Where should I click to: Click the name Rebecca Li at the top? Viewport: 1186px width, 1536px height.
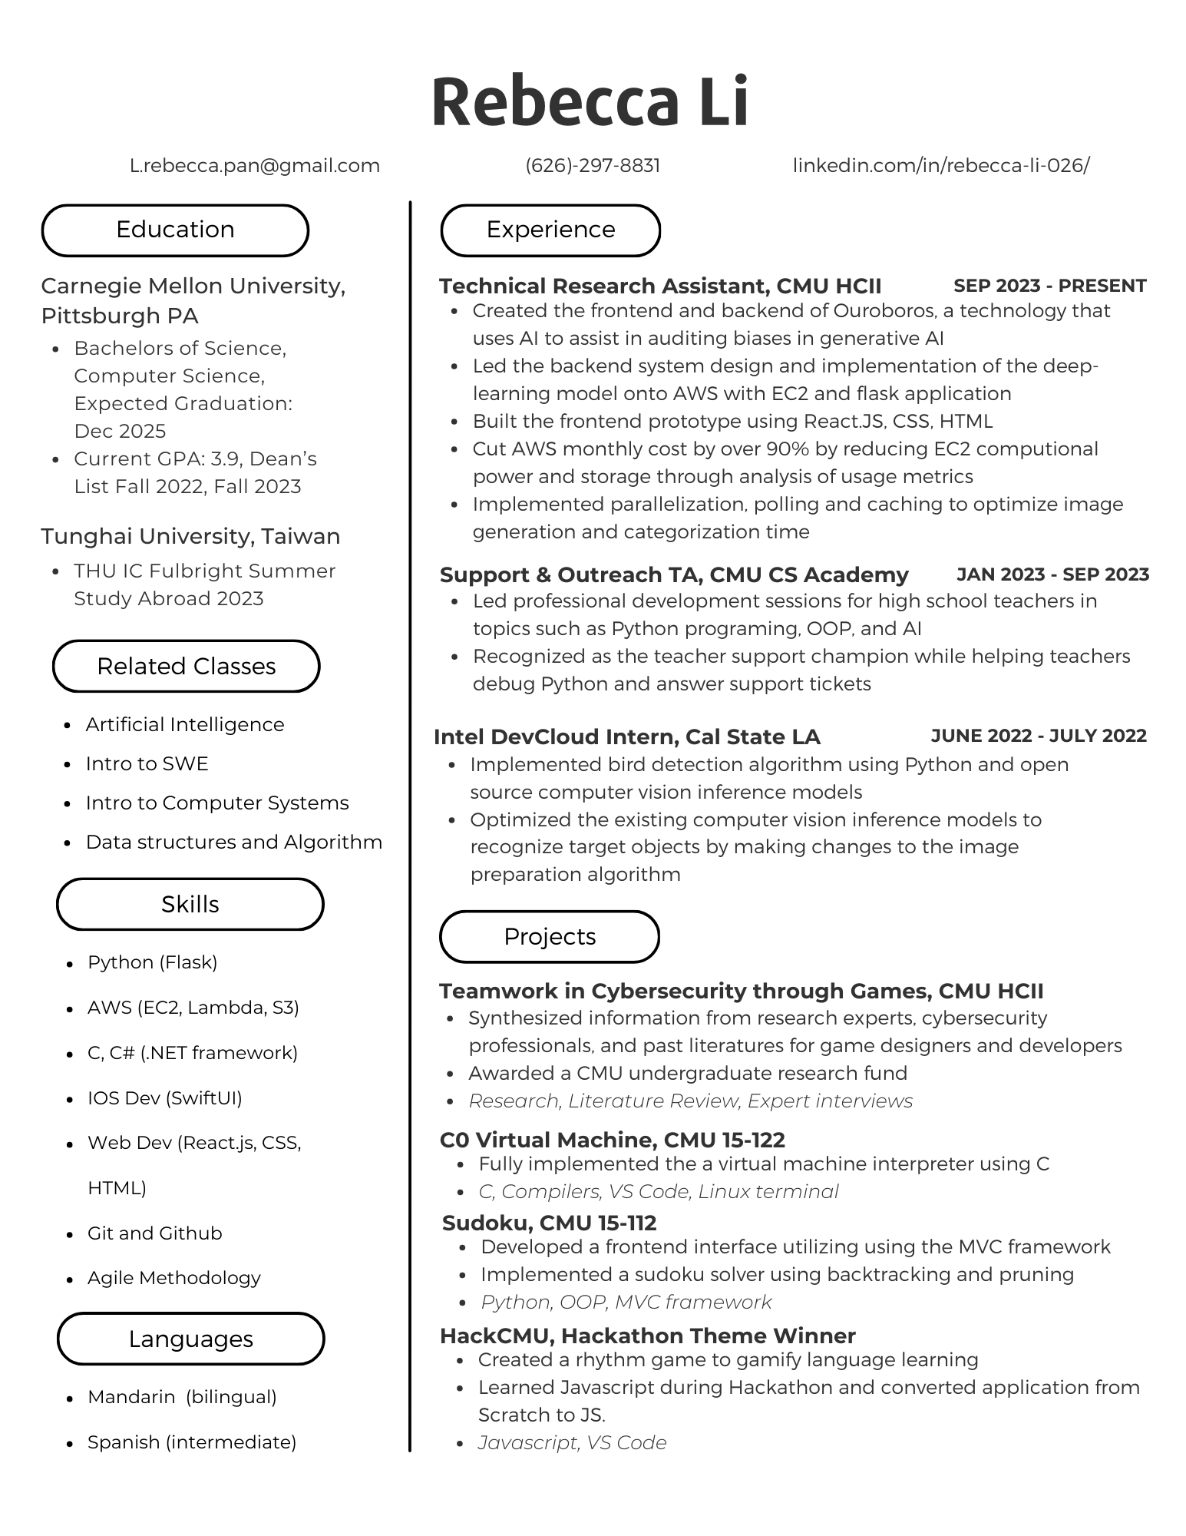point(590,101)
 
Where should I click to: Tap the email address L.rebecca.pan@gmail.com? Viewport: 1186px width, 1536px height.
point(255,166)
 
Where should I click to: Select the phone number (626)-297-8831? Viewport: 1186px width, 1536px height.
point(593,166)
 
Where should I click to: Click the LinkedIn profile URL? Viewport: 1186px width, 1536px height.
point(940,166)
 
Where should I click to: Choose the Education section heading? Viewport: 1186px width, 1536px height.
point(175,230)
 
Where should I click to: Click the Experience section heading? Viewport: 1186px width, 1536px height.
point(550,230)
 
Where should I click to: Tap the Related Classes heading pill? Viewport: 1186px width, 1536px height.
point(186,666)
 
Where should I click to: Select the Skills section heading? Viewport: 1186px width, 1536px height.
point(190,904)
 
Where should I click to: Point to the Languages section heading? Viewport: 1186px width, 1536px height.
point(190,1339)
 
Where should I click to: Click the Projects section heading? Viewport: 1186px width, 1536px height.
point(550,936)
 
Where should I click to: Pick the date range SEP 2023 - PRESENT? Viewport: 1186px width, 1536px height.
point(1049,286)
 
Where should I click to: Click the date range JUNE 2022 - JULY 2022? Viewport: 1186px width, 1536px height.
point(1039,736)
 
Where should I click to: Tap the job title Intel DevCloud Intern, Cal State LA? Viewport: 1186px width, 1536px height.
point(627,737)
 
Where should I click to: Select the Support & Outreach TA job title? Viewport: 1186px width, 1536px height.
point(674,575)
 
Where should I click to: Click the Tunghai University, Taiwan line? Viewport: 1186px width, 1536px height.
point(190,536)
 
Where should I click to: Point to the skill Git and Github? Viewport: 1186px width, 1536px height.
point(154,1233)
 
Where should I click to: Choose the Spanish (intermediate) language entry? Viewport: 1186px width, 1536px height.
point(192,1442)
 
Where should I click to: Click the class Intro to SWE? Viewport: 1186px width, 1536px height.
point(147,763)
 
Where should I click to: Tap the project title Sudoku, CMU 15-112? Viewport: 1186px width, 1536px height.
point(549,1223)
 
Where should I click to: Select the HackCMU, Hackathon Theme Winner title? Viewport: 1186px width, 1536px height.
point(647,1336)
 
